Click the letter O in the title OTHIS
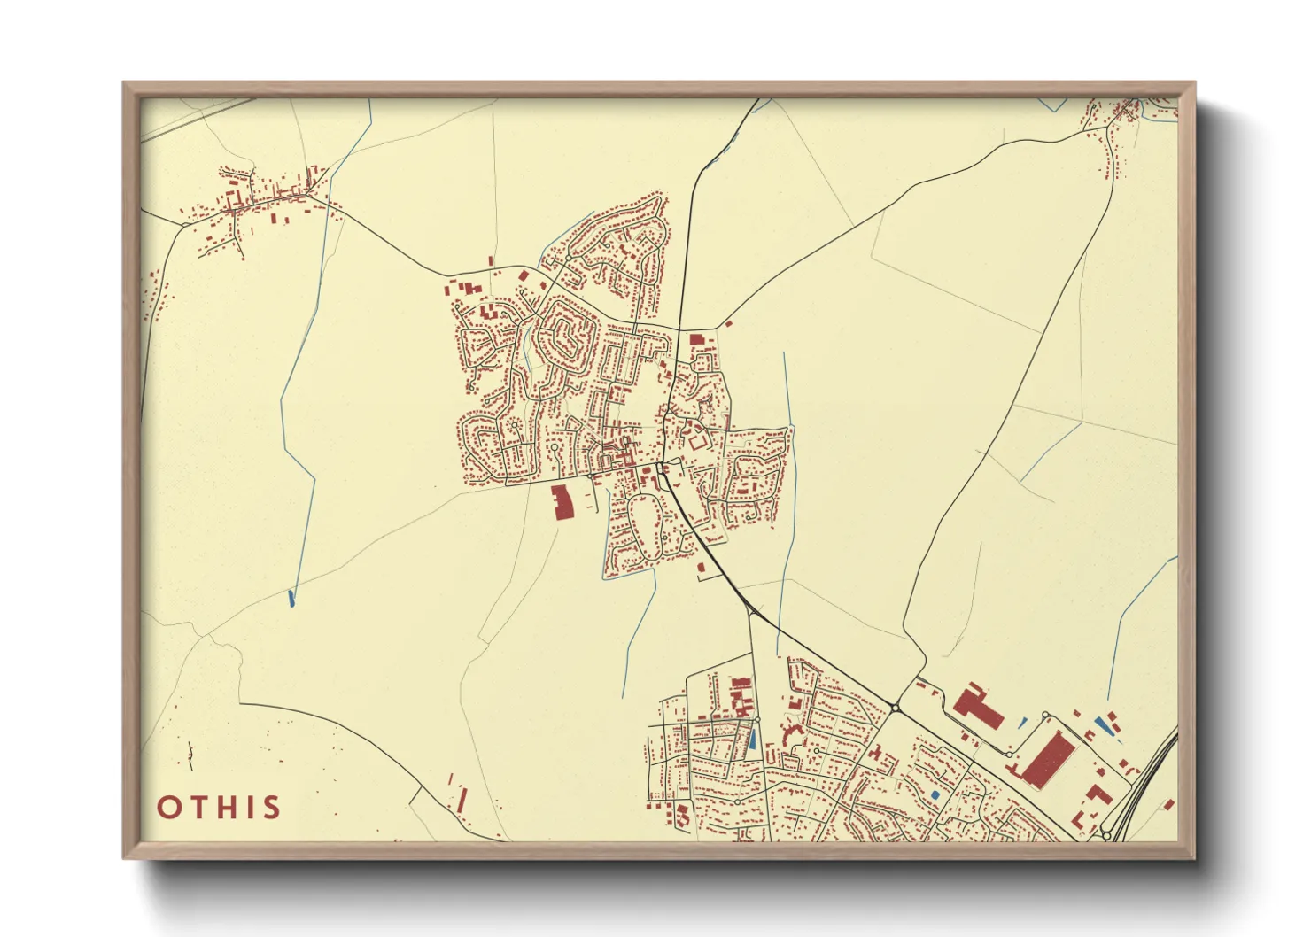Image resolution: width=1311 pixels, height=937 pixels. click(x=169, y=808)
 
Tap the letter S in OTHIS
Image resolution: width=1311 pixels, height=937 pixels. click(x=272, y=808)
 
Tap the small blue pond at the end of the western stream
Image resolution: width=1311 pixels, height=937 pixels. click(x=291, y=599)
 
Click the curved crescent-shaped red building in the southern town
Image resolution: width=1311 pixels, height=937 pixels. click(x=786, y=734)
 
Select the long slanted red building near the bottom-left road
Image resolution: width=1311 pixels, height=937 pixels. click(x=461, y=800)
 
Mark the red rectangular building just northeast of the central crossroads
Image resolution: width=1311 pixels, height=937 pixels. click(x=695, y=339)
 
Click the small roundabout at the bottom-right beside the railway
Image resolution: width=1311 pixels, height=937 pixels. click(x=1106, y=835)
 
